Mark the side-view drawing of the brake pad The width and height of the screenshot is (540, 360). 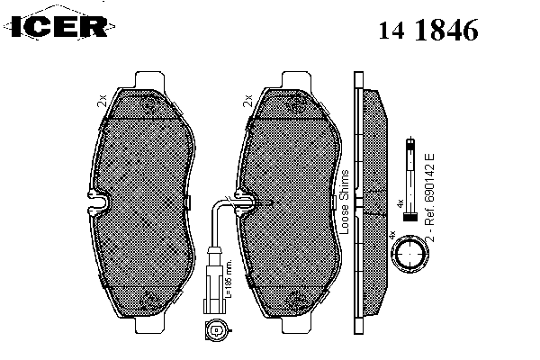coord(370,202)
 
